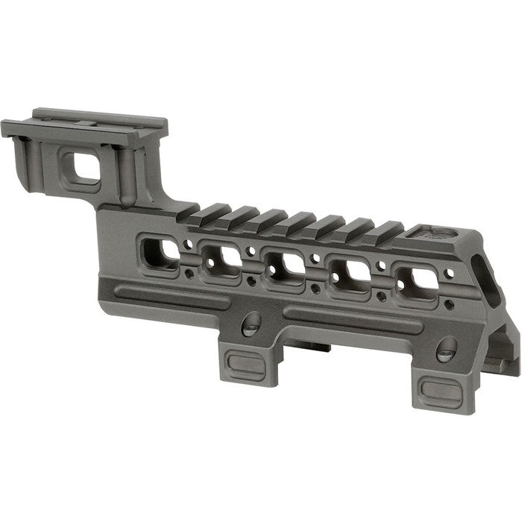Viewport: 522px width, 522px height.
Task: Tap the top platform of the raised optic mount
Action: (x=89, y=123)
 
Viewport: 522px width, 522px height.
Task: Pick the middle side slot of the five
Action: (x=284, y=265)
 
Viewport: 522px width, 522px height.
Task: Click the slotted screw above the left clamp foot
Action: (x=252, y=322)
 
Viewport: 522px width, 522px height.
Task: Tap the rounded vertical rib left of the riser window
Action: (x=34, y=160)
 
